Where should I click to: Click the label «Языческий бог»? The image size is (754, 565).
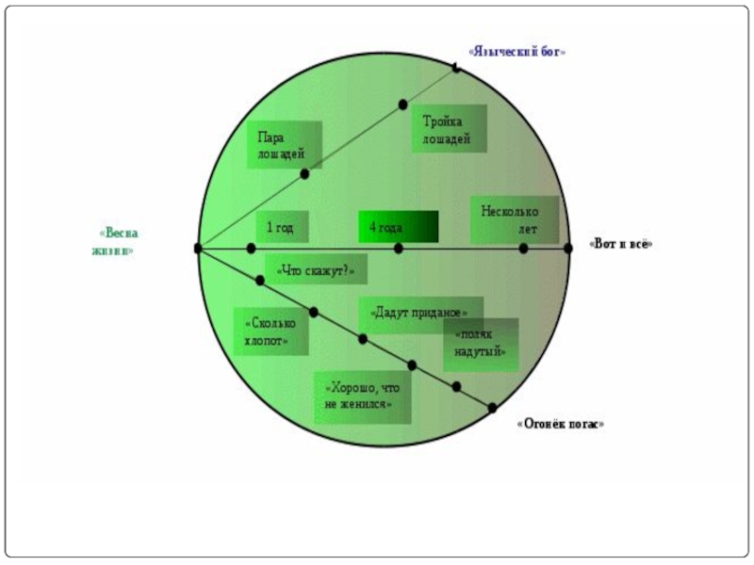pos(517,53)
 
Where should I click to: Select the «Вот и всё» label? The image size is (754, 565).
pos(621,244)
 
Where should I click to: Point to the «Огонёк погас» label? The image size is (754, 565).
pos(561,425)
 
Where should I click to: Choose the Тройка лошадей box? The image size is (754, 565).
pos(449,129)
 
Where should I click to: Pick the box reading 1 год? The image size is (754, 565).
pos(281,227)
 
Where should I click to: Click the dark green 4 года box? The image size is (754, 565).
pos(398,227)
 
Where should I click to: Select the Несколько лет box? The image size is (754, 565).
pos(515,219)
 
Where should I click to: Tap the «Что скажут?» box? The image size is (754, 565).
pos(316,270)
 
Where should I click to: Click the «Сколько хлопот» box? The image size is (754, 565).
pos(270,331)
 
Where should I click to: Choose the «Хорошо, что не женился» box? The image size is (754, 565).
pos(363,396)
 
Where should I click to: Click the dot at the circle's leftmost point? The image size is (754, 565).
pos(198,249)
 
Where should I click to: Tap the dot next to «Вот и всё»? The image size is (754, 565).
pos(568,249)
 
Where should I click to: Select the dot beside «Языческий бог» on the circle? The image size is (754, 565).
pos(456,68)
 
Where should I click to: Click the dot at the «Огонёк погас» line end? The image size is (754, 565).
pos(492,408)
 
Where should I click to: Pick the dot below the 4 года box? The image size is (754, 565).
pos(399,249)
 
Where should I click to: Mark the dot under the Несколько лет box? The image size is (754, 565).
pos(523,249)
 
